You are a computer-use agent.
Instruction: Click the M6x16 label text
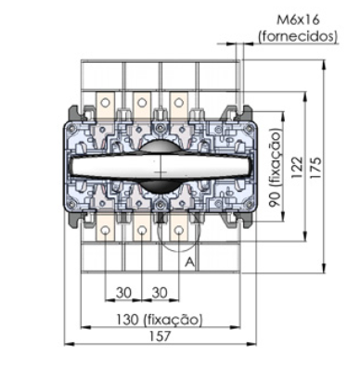298,20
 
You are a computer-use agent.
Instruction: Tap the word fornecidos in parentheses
298,36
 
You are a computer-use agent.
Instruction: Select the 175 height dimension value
315,168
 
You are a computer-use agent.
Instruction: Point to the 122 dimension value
297,168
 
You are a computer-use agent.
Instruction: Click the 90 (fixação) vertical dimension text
275,169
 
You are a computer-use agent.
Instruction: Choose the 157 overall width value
160,336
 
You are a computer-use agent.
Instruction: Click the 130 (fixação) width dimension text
160,320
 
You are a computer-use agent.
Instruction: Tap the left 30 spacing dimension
123,292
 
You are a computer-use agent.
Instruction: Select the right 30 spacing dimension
160,292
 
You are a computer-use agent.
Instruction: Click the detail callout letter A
190,262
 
